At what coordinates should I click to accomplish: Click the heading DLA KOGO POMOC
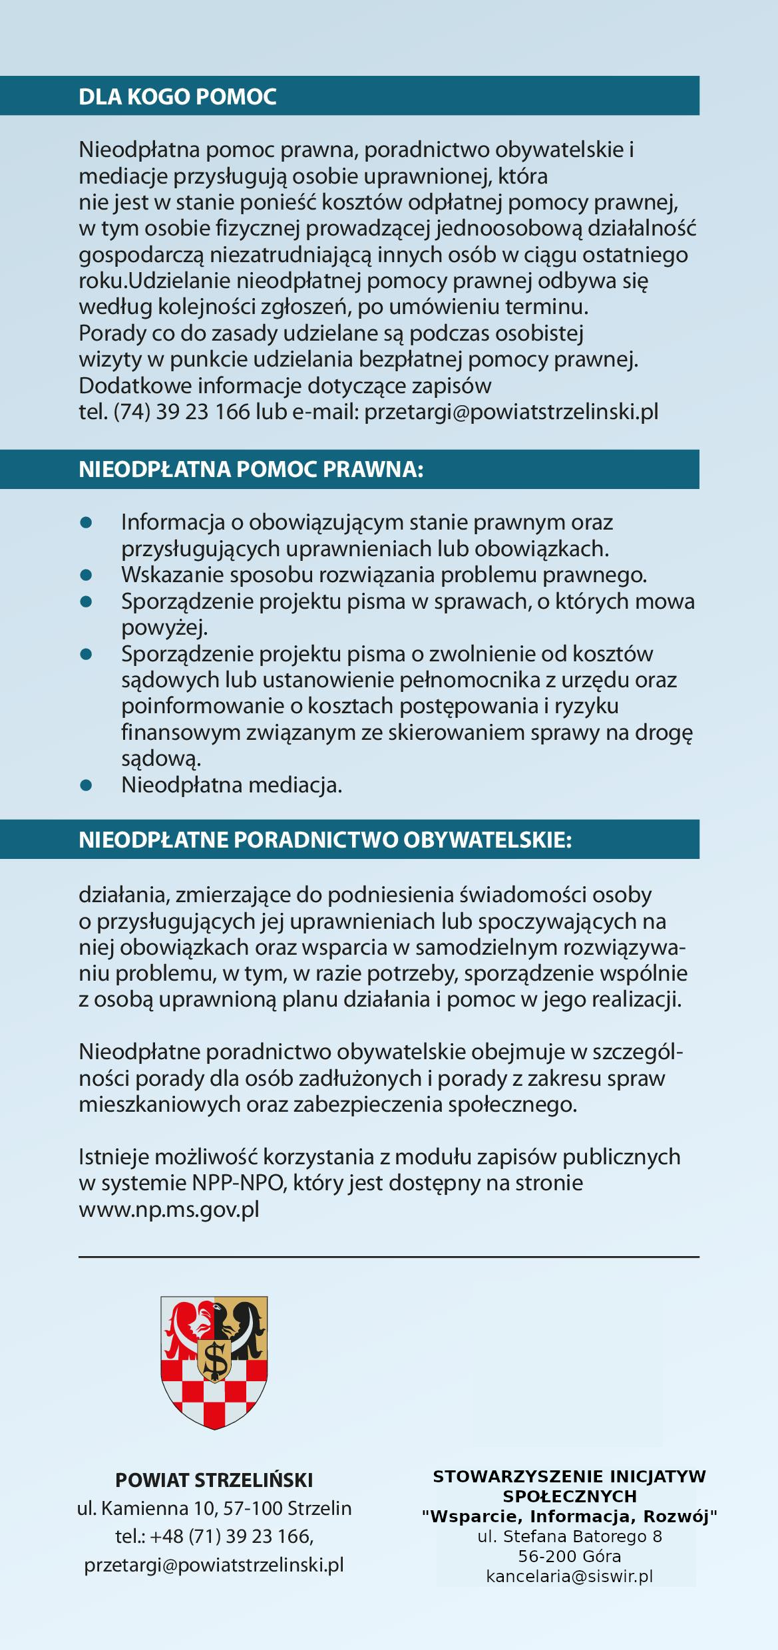pyautogui.click(x=177, y=97)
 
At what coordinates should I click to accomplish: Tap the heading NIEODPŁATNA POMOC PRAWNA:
pyautogui.click(x=251, y=470)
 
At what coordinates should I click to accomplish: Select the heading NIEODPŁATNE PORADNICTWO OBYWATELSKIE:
pyautogui.click(x=325, y=840)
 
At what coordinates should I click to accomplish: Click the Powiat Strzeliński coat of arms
pyautogui.click(x=214, y=1363)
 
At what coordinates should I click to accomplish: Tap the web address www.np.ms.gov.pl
pyautogui.click(x=169, y=1209)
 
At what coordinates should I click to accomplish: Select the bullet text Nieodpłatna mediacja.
pyautogui.click(x=232, y=785)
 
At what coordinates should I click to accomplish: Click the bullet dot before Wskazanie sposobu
pyautogui.click(x=85, y=574)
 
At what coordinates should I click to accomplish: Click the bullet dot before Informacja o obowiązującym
pyautogui.click(x=85, y=522)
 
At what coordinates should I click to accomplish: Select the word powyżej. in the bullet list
pyautogui.click(x=164, y=627)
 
